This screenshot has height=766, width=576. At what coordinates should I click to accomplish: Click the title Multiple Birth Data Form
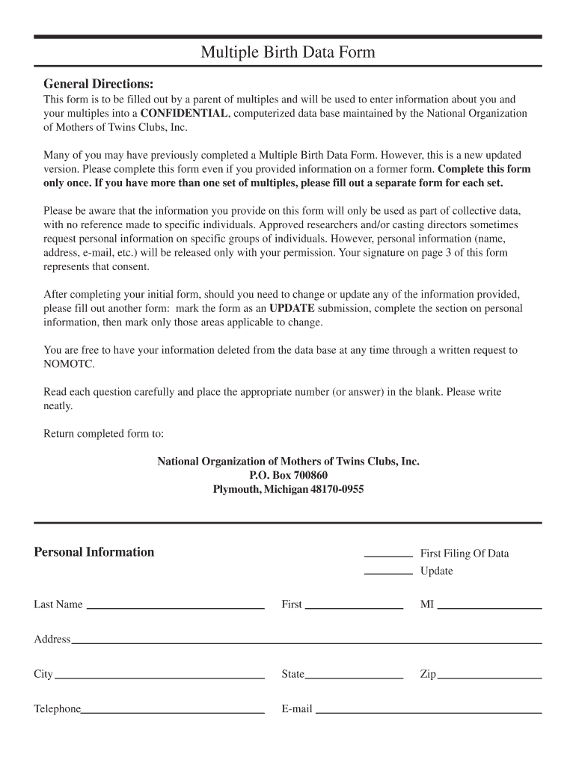287,52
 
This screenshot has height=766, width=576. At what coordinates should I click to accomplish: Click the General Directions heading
98,83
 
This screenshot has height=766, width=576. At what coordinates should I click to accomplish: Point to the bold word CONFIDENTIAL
184,114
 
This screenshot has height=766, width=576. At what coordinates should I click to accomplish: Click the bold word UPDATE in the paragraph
292,308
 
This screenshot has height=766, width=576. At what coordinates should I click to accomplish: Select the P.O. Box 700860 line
288,476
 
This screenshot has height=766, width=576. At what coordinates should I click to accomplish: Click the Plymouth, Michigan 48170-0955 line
288,490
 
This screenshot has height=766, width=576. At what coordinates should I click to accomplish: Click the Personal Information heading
94,552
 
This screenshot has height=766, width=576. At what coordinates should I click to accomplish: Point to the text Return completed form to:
103,434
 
